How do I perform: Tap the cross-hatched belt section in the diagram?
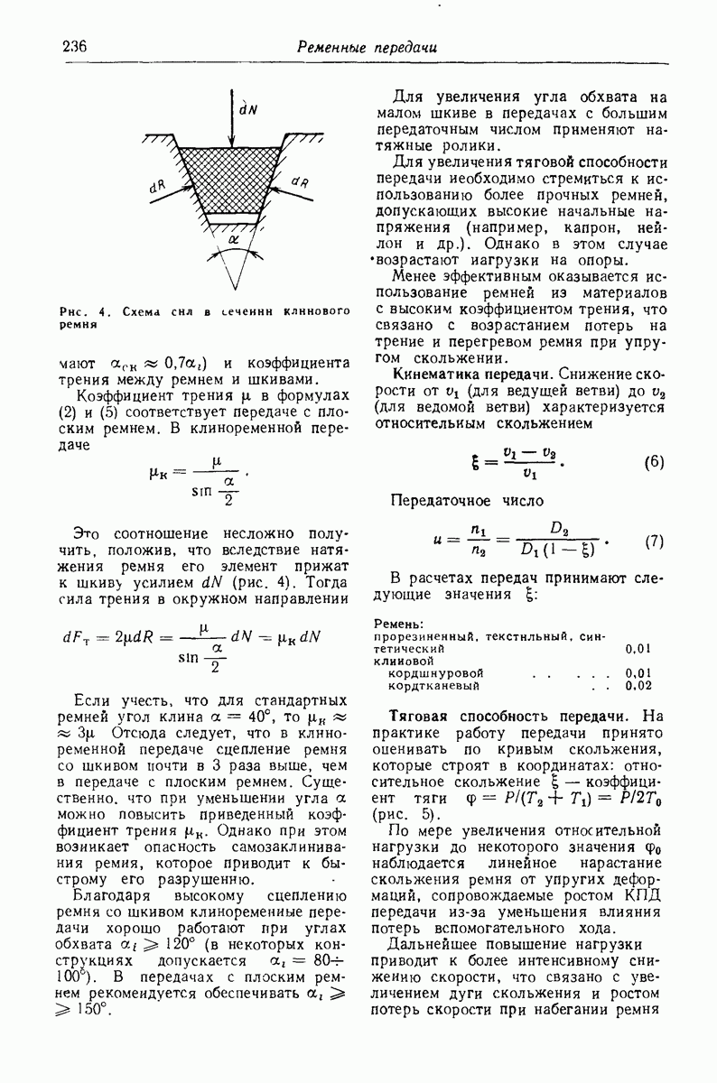(x=234, y=177)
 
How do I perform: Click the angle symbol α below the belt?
(x=234, y=240)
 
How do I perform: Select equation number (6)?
(x=654, y=463)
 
